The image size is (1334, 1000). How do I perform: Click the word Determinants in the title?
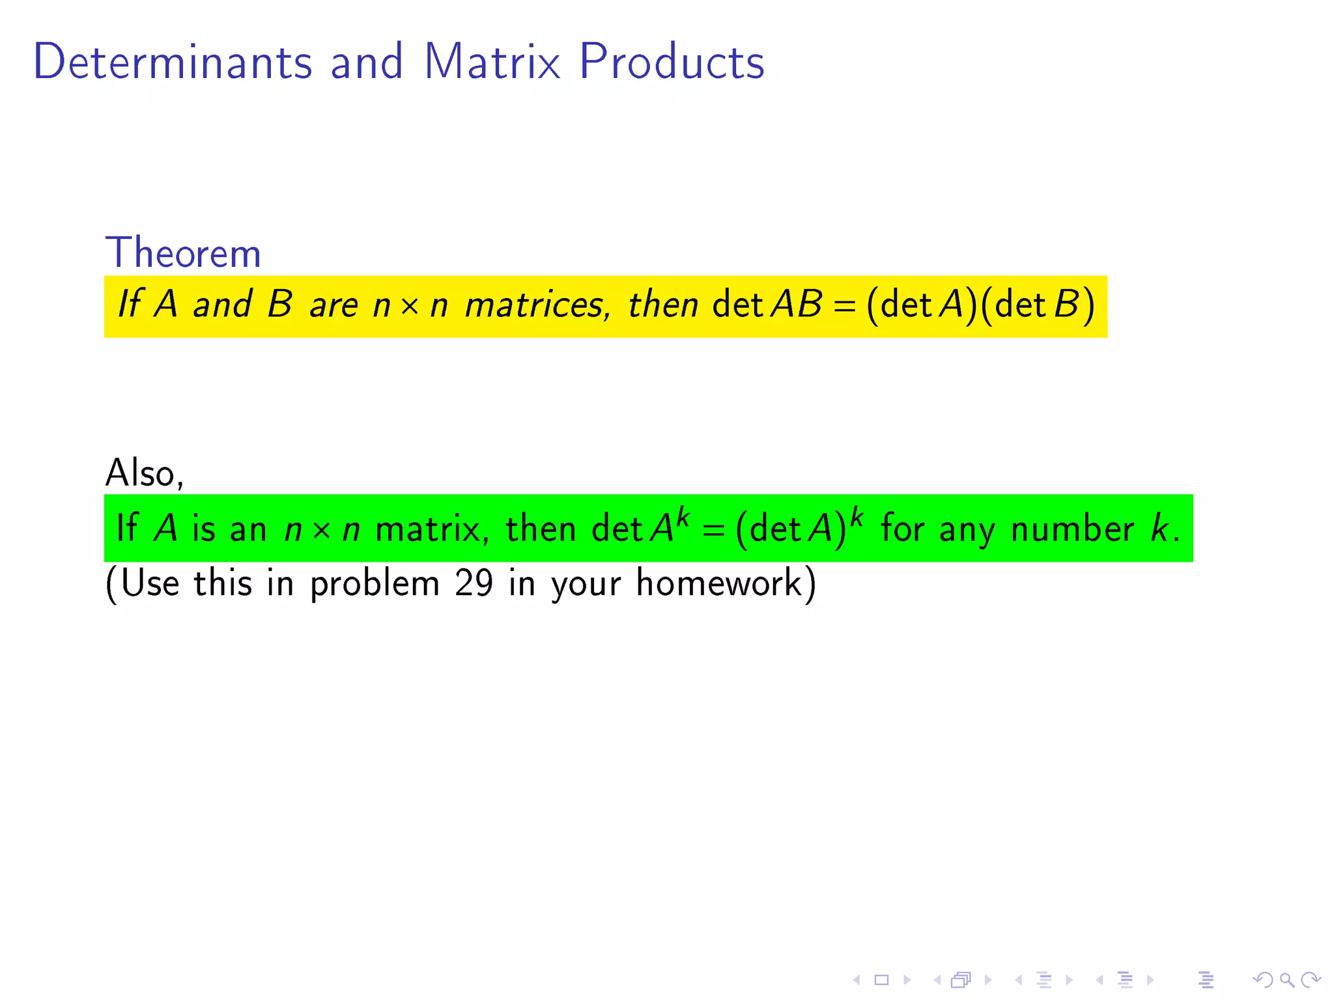173,62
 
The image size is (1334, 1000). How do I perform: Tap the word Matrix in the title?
492,62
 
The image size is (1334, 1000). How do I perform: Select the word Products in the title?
672,62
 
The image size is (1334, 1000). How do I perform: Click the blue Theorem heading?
183,253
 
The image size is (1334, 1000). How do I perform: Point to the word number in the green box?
1072,529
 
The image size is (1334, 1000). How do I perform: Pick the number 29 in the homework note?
474,583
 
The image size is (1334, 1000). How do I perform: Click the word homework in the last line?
718,583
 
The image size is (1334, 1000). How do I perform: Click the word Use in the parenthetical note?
150,583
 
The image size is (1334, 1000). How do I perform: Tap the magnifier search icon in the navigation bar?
1286,979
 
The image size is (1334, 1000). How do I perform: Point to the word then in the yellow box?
662,305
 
